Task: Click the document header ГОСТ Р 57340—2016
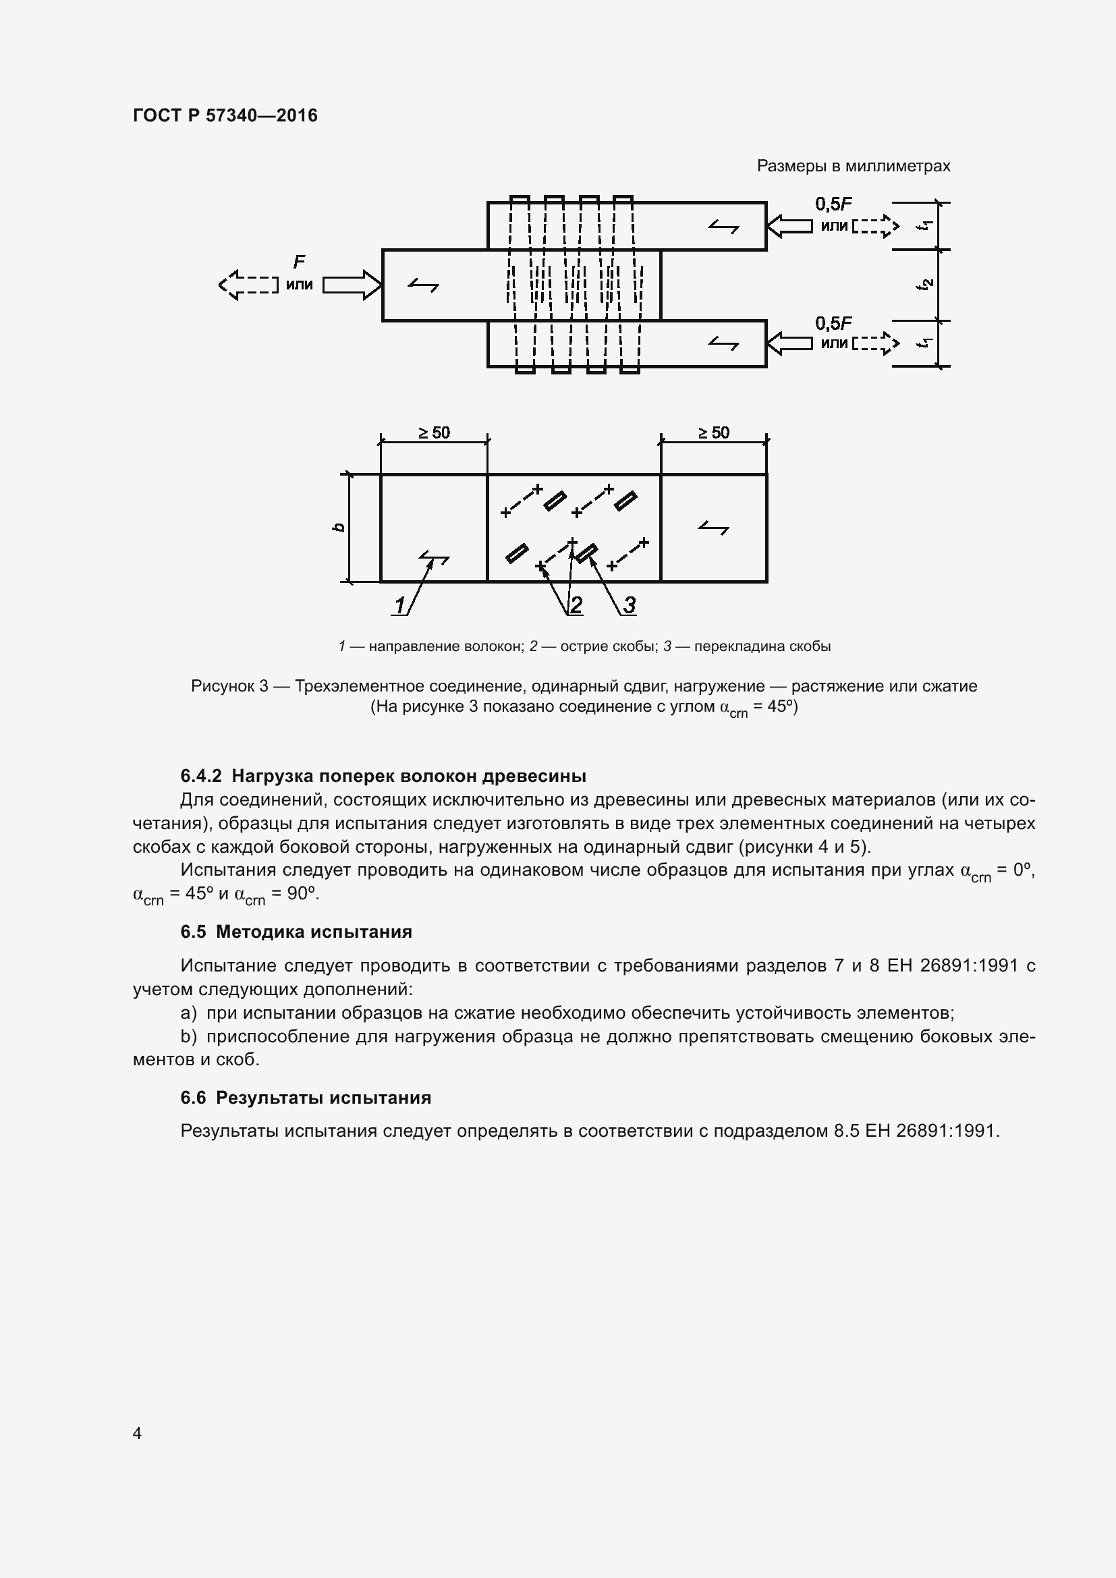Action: (x=225, y=115)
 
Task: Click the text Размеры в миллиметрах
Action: (x=853, y=166)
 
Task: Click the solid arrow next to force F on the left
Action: (x=351, y=285)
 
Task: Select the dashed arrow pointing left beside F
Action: (x=248, y=285)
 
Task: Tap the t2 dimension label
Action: (x=926, y=284)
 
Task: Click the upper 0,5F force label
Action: (x=833, y=204)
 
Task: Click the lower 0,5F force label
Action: (x=833, y=323)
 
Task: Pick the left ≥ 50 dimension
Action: (x=434, y=432)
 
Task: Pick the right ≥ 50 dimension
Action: (x=713, y=432)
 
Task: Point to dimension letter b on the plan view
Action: (x=338, y=527)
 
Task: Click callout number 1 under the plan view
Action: (x=399, y=604)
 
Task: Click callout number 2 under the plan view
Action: (x=576, y=604)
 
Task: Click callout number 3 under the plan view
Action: (x=629, y=604)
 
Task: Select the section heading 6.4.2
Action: (x=383, y=776)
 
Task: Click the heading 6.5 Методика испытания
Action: (x=296, y=932)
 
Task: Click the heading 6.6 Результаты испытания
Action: (x=306, y=1098)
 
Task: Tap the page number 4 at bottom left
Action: (x=137, y=1433)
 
